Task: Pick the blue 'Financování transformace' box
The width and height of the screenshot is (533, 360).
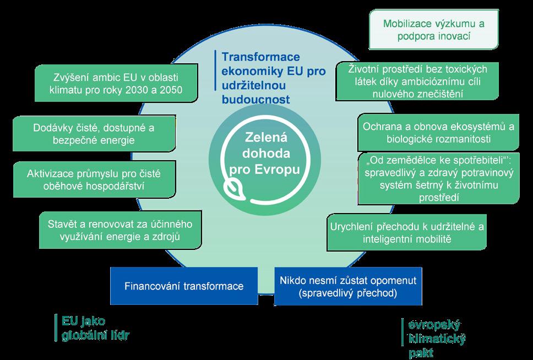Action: click(184, 286)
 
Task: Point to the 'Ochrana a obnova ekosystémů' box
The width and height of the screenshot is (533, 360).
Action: click(438, 132)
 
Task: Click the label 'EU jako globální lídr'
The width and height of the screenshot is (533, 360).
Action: click(94, 328)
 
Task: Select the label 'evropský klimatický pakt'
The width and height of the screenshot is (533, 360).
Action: click(435, 337)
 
